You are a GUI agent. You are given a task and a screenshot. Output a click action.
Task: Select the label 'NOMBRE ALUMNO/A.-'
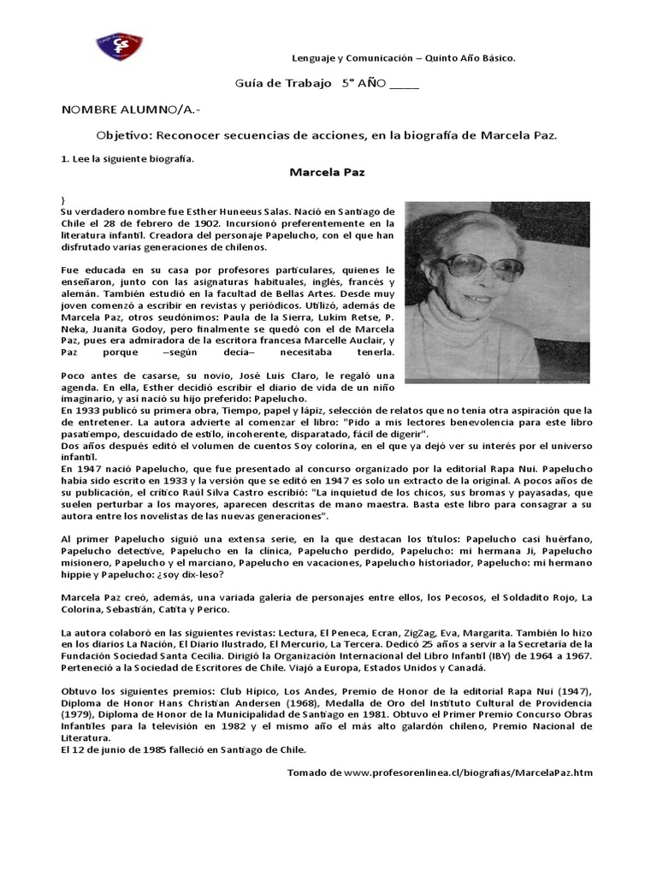click(x=120, y=110)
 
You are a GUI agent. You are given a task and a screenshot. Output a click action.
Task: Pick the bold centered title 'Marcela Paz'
click(x=327, y=172)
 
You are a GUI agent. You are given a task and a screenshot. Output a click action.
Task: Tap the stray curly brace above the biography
click(x=63, y=198)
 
